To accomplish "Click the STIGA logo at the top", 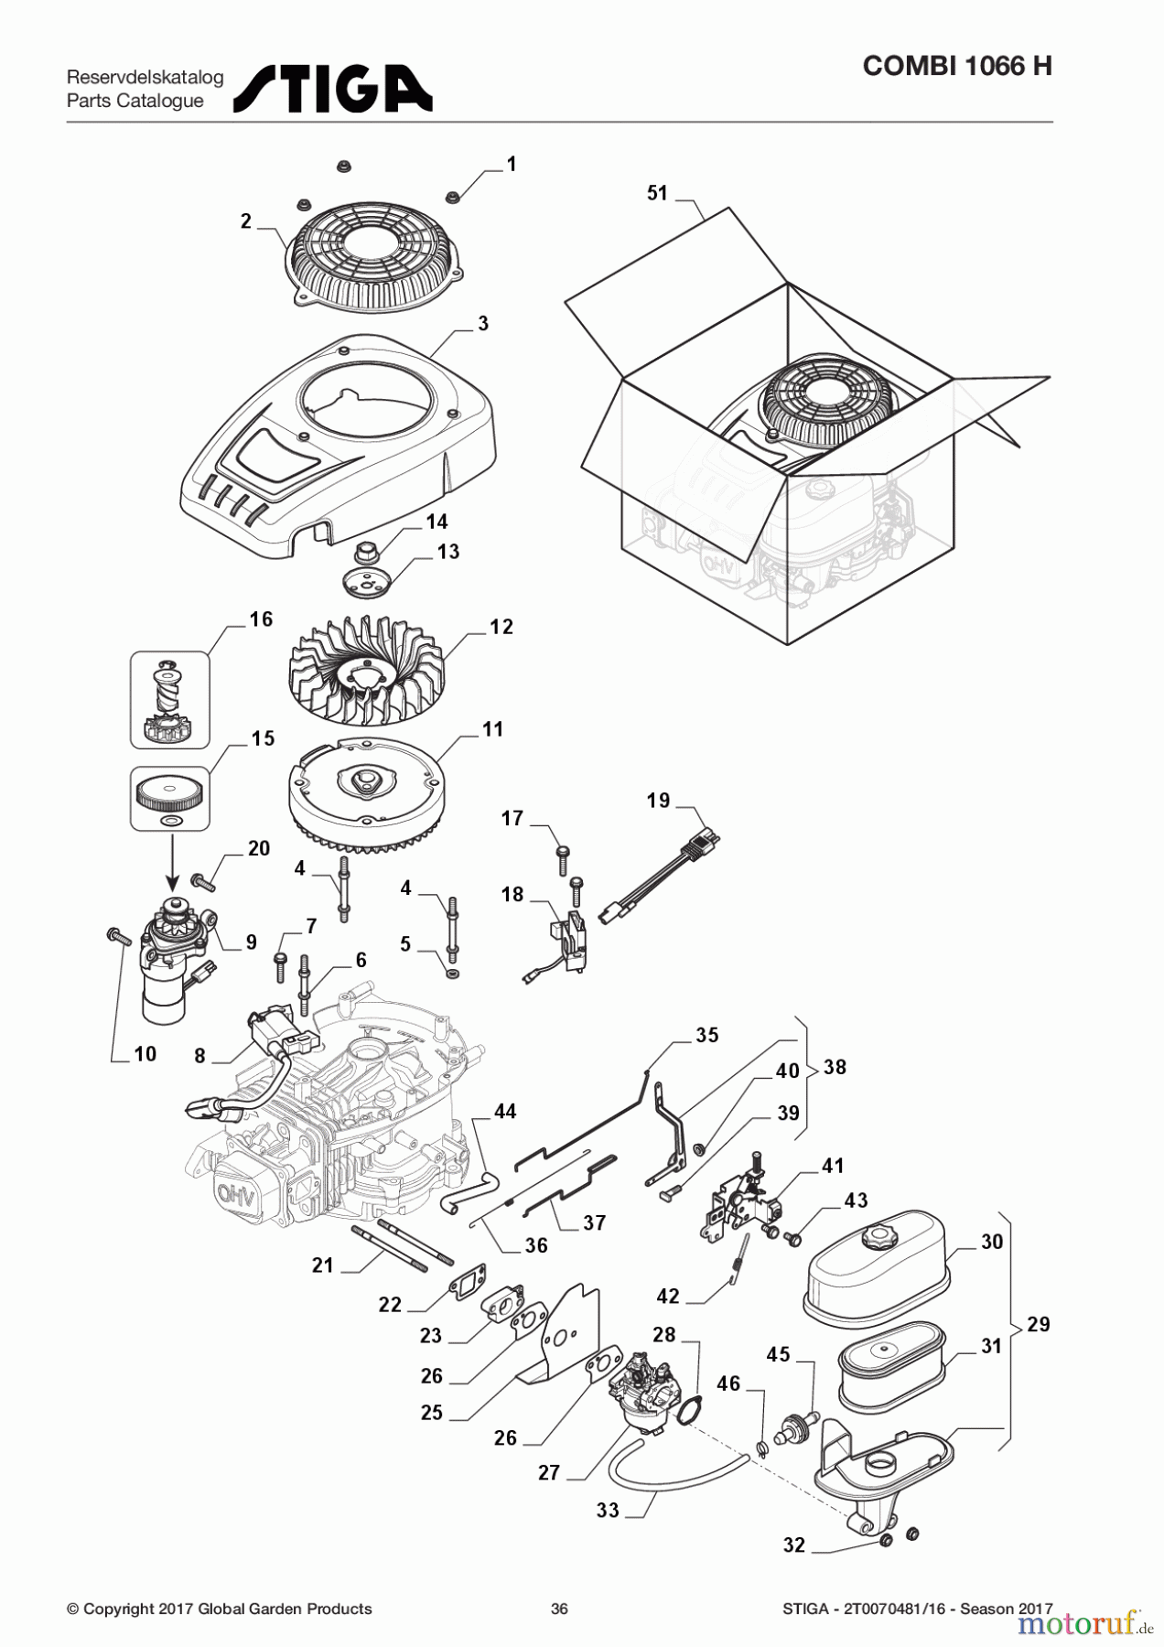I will pyautogui.click(x=332, y=89).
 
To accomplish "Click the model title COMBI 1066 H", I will pyautogui.click(x=956, y=66).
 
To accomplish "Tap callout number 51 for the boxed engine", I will pyautogui.click(x=657, y=193).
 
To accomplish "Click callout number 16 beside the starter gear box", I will pyautogui.click(x=261, y=619).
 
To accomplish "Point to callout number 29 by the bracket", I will pyautogui.click(x=1038, y=1324).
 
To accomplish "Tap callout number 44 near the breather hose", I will pyautogui.click(x=505, y=1111).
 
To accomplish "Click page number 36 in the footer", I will pyautogui.click(x=559, y=1609).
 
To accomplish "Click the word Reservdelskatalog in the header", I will pyautogui.click(x=145, y=77).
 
